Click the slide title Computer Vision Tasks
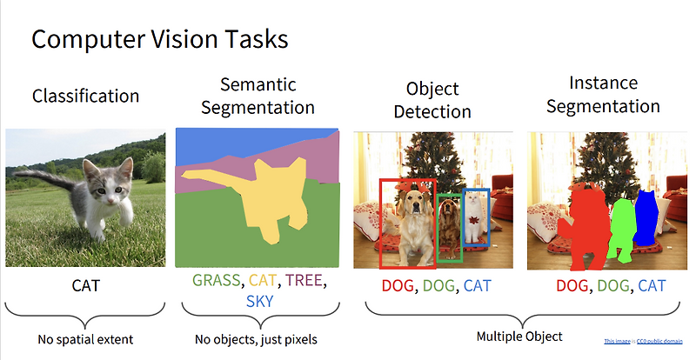159,39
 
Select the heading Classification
85,96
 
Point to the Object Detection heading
432,100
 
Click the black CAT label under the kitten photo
85,284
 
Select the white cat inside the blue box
475,213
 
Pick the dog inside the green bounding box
449,222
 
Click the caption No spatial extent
85,339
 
